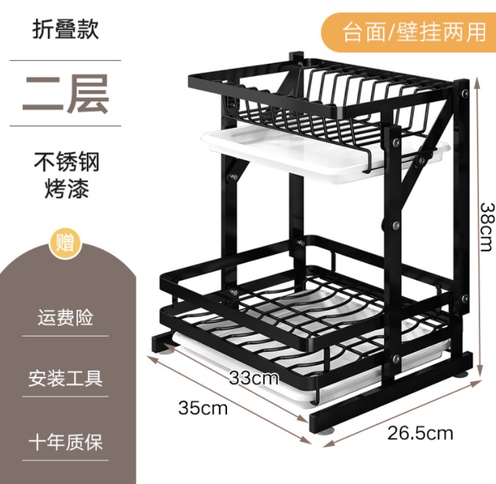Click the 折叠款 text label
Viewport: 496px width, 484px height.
65,29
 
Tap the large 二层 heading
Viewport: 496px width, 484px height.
65,93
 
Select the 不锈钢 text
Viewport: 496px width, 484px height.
66,161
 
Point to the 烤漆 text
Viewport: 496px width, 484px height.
66,188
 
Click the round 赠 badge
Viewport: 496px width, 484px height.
66,243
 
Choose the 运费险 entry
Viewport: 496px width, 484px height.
66,319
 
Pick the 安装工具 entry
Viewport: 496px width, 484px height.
66,379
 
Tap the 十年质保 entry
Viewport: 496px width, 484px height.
66,442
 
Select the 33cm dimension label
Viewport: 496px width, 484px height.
254,378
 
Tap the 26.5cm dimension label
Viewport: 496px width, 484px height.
420,432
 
